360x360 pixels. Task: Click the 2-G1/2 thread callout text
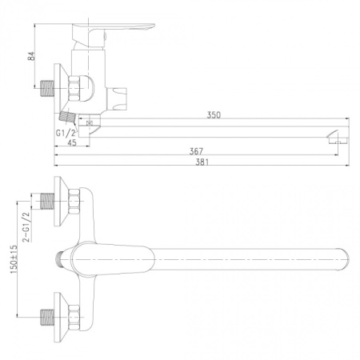click(x=29, y=227)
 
